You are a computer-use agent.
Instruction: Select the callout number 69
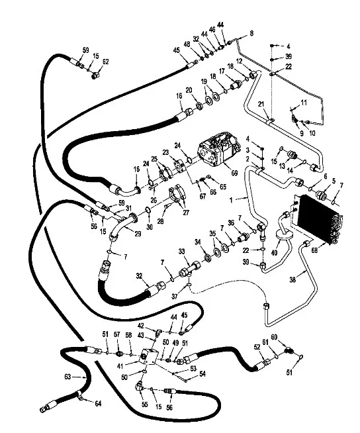coord(234,173)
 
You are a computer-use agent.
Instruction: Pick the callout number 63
coord(67,377)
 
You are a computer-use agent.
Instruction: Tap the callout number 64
coord(98,403)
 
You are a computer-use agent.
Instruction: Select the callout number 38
coord(292,280)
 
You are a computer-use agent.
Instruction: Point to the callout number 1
coord(232,200)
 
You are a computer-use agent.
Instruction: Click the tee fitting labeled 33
coord(189,269)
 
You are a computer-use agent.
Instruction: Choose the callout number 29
coord(138,234)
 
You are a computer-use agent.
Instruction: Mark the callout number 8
coord(251,33)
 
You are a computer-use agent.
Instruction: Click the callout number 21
coord(261,104)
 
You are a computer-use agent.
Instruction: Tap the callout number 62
coord(105,62)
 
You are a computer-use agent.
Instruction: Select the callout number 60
coord(274,337)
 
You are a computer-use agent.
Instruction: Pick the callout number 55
coord(145,404)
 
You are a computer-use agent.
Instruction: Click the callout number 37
coord(175,297)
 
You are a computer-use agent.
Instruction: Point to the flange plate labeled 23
coord(179,166)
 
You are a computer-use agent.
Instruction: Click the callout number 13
coord(282,166)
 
